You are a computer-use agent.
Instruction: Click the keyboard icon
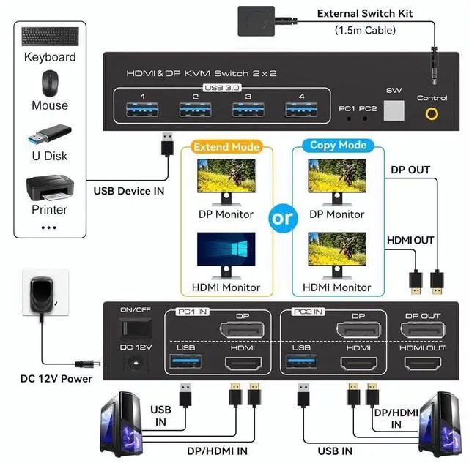click(48, 37)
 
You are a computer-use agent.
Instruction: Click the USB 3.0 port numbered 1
click(142, 110)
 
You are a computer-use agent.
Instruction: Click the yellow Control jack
click(432, 113)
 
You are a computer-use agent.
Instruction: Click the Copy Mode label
click(338, 145)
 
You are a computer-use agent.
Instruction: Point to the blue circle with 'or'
click(282, 218)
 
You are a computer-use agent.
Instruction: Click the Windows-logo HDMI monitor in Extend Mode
click(226, 253)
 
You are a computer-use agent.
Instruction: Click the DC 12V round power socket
click(135, 361)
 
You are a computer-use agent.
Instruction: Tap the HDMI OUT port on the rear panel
click(422, 363)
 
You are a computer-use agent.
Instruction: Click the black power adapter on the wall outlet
click(41, 300)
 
